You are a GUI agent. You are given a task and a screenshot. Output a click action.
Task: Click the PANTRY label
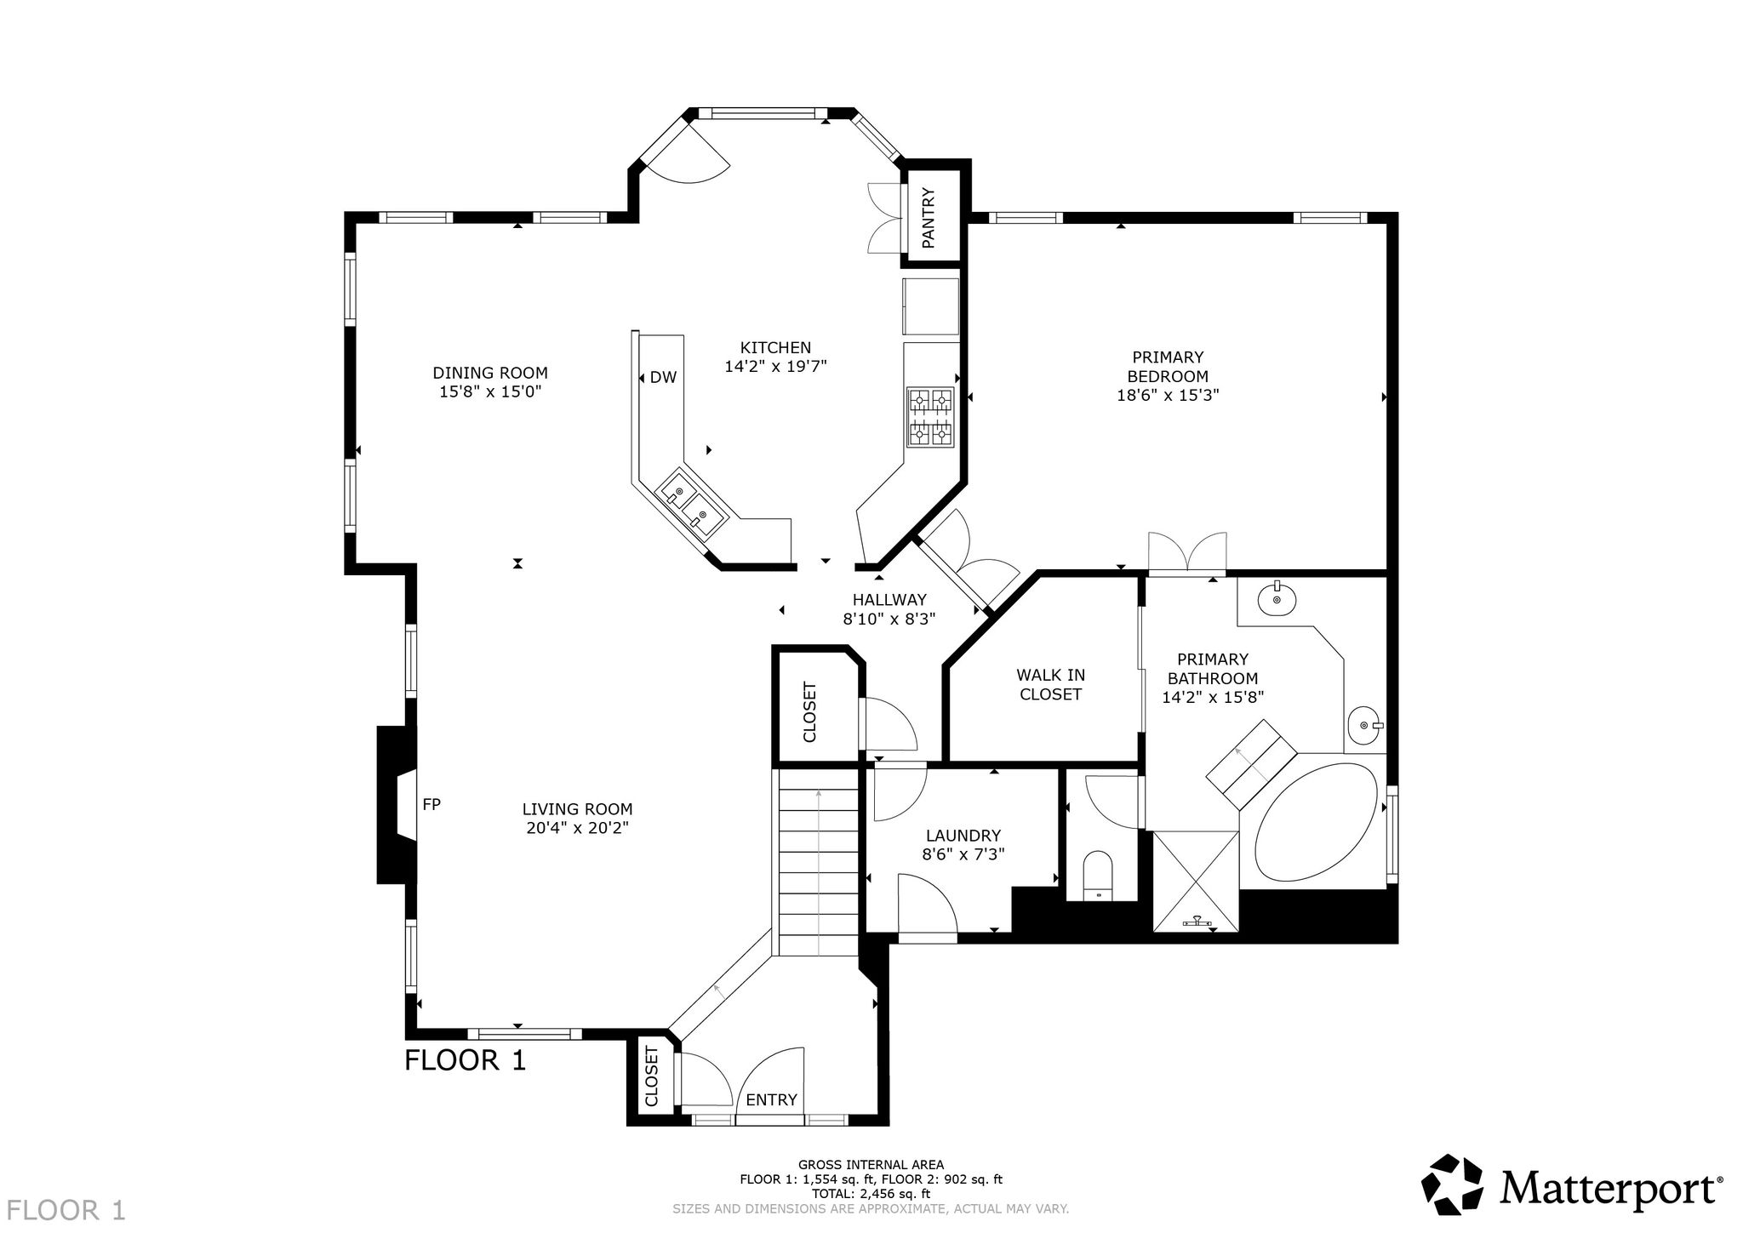coord(929,219)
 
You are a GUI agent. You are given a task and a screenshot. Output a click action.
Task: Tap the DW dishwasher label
coord(663,377)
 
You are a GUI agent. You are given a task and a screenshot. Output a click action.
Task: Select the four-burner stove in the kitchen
coord(930,417)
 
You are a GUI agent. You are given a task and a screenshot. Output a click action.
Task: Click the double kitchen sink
coord(692,504)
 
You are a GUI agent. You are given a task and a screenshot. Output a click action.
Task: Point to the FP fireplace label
coord(431,803)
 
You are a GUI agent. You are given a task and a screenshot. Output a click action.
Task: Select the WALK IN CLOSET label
coord(1051,685)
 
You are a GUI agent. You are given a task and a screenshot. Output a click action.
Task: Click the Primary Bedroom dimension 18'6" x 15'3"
coord(1168,395)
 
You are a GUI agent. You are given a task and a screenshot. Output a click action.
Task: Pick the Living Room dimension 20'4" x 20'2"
coord(578,828)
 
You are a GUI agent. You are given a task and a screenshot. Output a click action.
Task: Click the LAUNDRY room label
coord(963,836)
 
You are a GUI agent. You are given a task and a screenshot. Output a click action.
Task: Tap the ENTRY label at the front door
coord(771,1099)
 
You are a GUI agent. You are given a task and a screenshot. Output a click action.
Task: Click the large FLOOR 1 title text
coord(466,1060)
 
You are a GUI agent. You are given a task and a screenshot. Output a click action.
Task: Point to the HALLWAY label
coord(889,600)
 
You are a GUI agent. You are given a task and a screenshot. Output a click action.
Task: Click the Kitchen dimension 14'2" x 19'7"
coord(775,367)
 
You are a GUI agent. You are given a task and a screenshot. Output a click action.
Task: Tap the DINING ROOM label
coord(490,373)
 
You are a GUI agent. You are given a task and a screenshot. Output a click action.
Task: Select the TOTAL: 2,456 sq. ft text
coord(871,1194)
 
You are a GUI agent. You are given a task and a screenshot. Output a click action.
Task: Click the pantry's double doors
coord(886,218)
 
